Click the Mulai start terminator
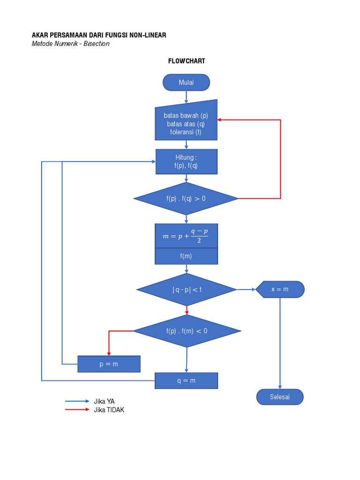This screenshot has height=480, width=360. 186,82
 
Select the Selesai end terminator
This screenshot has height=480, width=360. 280,397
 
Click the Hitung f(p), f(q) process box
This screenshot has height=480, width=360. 186,162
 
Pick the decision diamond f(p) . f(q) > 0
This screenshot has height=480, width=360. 186,198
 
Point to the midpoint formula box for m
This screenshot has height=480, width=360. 186,236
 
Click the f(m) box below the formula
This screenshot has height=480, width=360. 186,256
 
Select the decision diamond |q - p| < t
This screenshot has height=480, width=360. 186,290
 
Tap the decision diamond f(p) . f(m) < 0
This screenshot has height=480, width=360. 187,331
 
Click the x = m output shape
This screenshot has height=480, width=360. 280,289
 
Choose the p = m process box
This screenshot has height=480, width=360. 109,364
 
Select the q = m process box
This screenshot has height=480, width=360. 186,381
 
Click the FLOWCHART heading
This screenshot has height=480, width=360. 187,61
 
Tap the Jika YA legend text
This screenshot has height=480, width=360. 104,401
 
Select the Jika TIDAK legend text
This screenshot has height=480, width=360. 109,410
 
